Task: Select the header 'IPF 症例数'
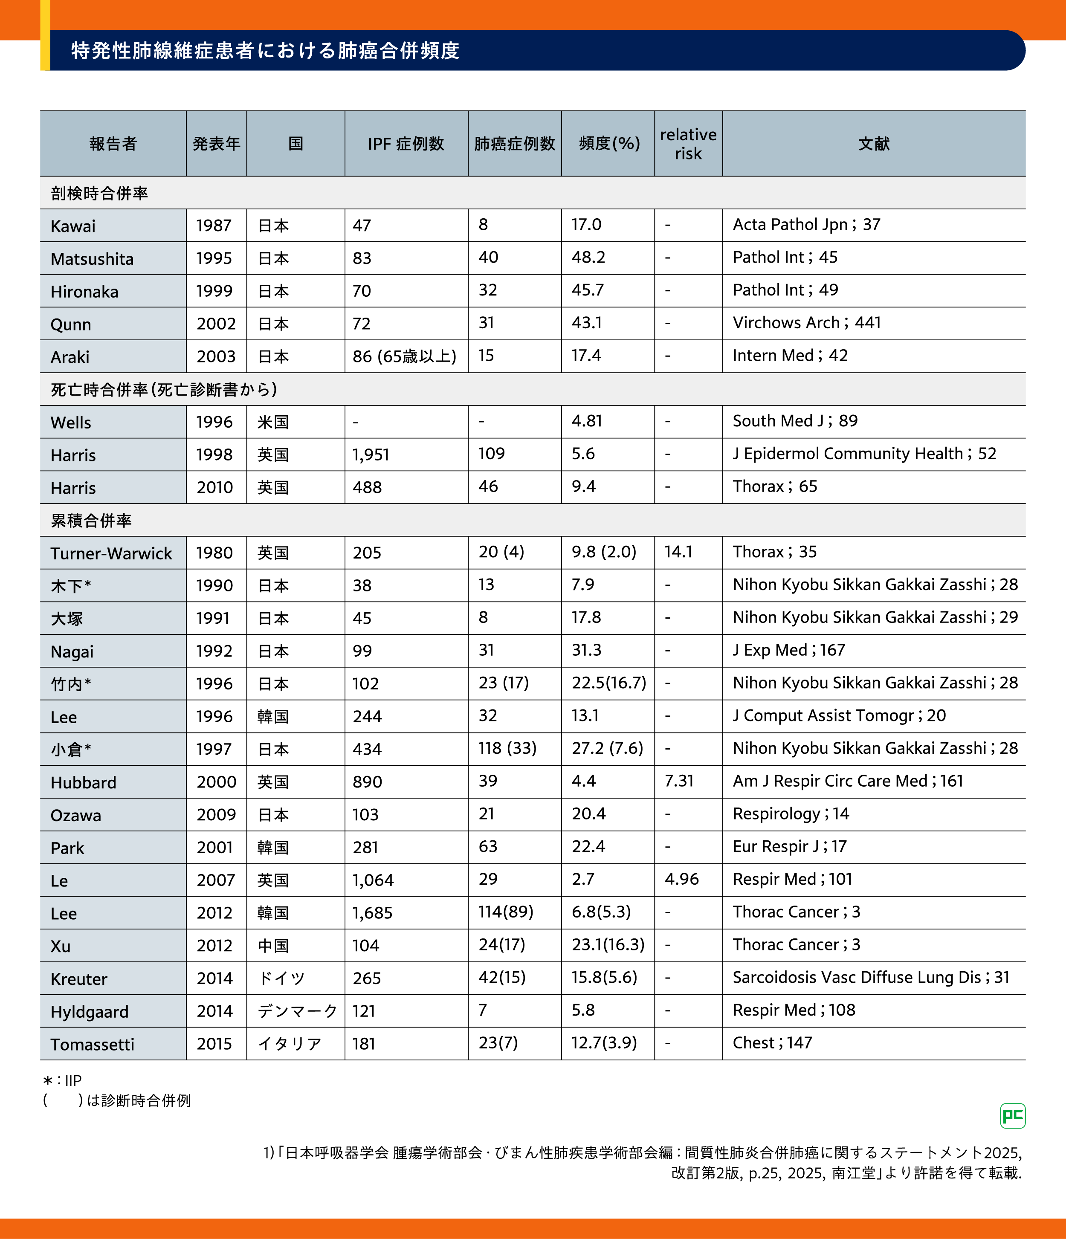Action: coord(406,144)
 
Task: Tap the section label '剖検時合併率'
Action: coord(99,193)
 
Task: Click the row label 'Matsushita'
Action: coord(92,259)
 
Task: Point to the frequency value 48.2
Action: coord(588,258)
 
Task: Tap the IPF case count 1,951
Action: coord(371,455)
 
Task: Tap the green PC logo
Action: coord(1012,1116)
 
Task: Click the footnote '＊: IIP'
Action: coord(62,1080)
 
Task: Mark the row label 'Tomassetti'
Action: coord(92,1045)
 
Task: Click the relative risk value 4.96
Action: coord(681,879)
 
